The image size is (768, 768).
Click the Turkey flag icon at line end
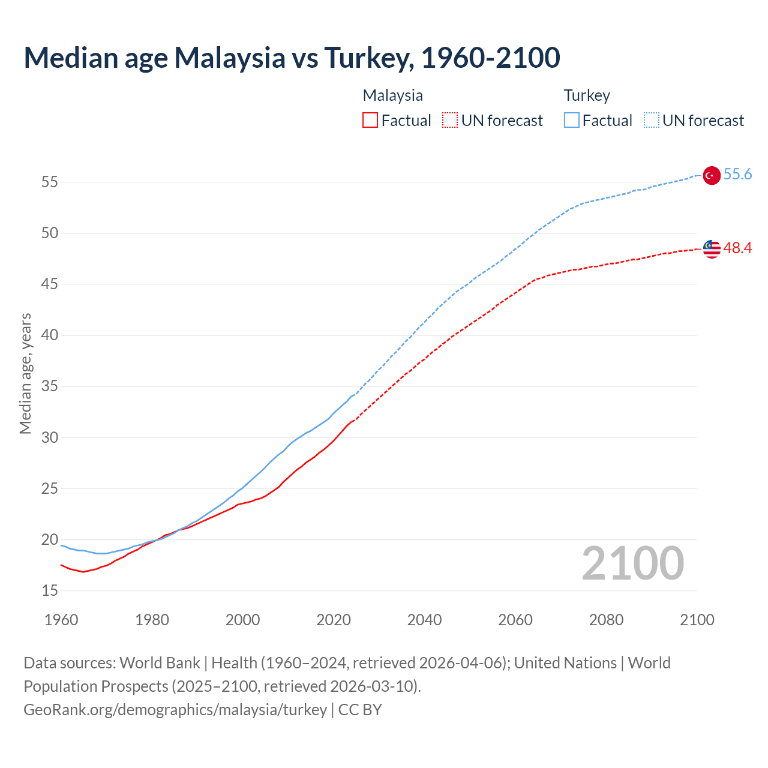click(x=711, y=175)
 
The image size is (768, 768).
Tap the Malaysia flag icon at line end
click(x=711, y=248)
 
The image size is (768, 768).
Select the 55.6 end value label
click(x=737, y=175)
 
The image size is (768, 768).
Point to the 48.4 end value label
click(x=737, y=248)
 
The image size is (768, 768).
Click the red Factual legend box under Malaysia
click(x=370, y=121)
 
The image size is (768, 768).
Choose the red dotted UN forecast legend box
click(x=450, y=121)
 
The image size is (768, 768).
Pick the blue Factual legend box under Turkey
click(x=571, y=121)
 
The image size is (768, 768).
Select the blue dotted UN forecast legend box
click(x=651, y=121)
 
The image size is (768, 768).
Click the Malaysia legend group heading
click(x=393, y=95)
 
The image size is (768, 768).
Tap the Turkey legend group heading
click(x=587, y=95)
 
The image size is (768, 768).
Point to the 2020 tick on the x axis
click(x=334, y=620)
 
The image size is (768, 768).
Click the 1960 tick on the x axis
click(x=61, y=620)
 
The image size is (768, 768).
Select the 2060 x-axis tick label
click(x=515, y=620)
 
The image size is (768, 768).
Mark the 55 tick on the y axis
click(x=50, y=182)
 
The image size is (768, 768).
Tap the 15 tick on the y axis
click(x=50, y=591)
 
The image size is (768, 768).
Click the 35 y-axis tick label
click(x=50, y=386)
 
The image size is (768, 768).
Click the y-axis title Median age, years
click(x=25, y=373)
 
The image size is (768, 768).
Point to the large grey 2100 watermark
click(x=632, y=563)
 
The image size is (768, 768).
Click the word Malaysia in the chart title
click(x=230, y=58)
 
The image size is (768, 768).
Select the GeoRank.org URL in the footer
click(x=175, y=710)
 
